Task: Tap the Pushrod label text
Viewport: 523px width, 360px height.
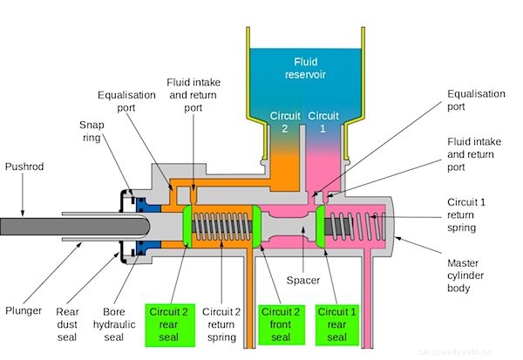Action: [x=24, y=166]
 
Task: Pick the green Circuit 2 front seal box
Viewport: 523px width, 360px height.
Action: [x=281, y=323]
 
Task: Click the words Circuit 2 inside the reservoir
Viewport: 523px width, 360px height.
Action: [x=278, y=121]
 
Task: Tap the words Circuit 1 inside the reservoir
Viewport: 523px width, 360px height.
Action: [x=323, y=121]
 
